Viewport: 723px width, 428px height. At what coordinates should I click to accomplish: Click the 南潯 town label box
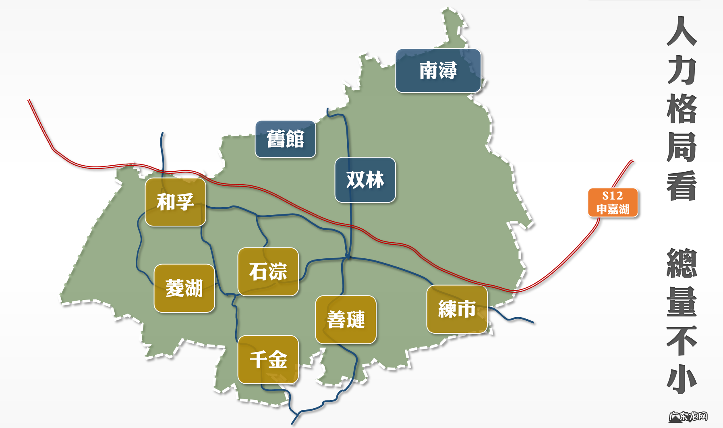coord(438,71)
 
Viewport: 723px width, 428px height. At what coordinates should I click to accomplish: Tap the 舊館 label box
coord(285,139)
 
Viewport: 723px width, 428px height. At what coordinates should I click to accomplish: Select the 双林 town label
coord(365,180)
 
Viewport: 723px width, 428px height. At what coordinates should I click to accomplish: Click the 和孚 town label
coord(175,202)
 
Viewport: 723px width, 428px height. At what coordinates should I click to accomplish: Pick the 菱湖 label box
coord(184,288)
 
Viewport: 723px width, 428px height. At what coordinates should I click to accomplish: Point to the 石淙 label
coord(268,272)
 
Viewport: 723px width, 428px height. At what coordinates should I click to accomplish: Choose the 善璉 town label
coord(346,320)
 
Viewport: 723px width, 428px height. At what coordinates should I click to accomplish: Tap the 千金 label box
coord(268,359)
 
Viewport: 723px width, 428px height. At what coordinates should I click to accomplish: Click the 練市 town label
coord(457,309)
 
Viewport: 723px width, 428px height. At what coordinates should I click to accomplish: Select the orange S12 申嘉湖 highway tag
coord(613,203)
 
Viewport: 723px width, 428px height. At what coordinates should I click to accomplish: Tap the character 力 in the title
coord(682,70)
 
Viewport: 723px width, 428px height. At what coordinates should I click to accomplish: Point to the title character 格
coord(682,109)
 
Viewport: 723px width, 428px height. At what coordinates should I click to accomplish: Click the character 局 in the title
coord(682,147)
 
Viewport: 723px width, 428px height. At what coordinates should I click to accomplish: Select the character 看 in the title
coord(682,185)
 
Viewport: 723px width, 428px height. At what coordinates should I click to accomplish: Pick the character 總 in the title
coord(682,263)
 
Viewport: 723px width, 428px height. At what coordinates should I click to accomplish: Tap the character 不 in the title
coord(682,341)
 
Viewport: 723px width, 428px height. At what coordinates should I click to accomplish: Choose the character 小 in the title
coord(682,379)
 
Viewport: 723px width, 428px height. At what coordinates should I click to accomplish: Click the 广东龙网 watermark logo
coord(688,416)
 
